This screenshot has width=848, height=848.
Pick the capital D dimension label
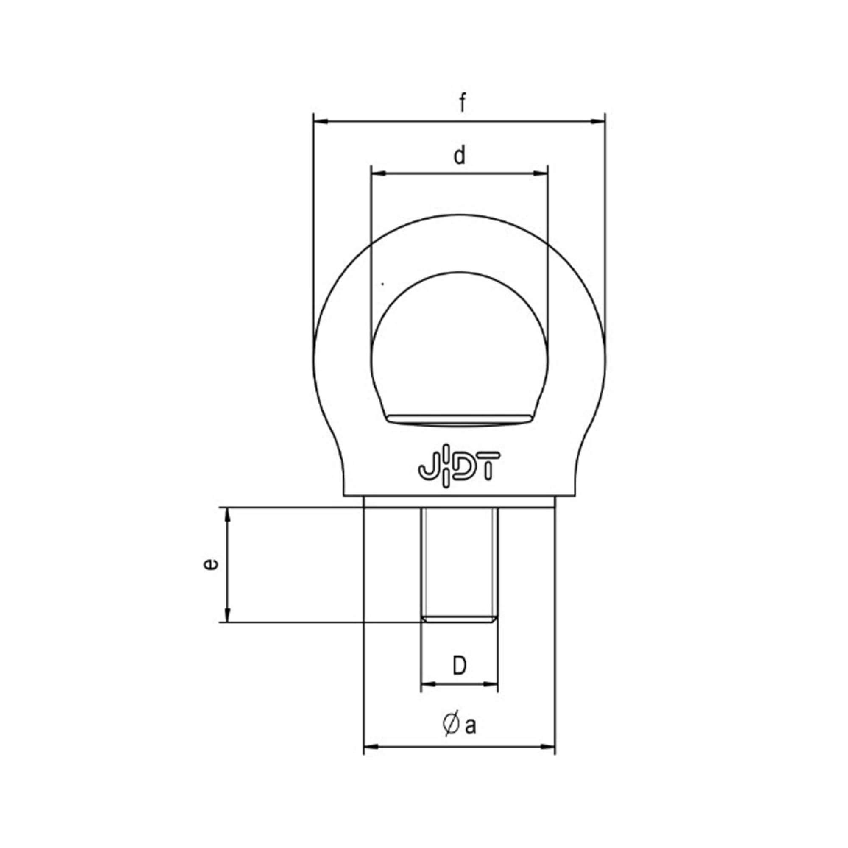(459, 678)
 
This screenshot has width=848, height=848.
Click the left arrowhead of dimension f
(323, 121)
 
